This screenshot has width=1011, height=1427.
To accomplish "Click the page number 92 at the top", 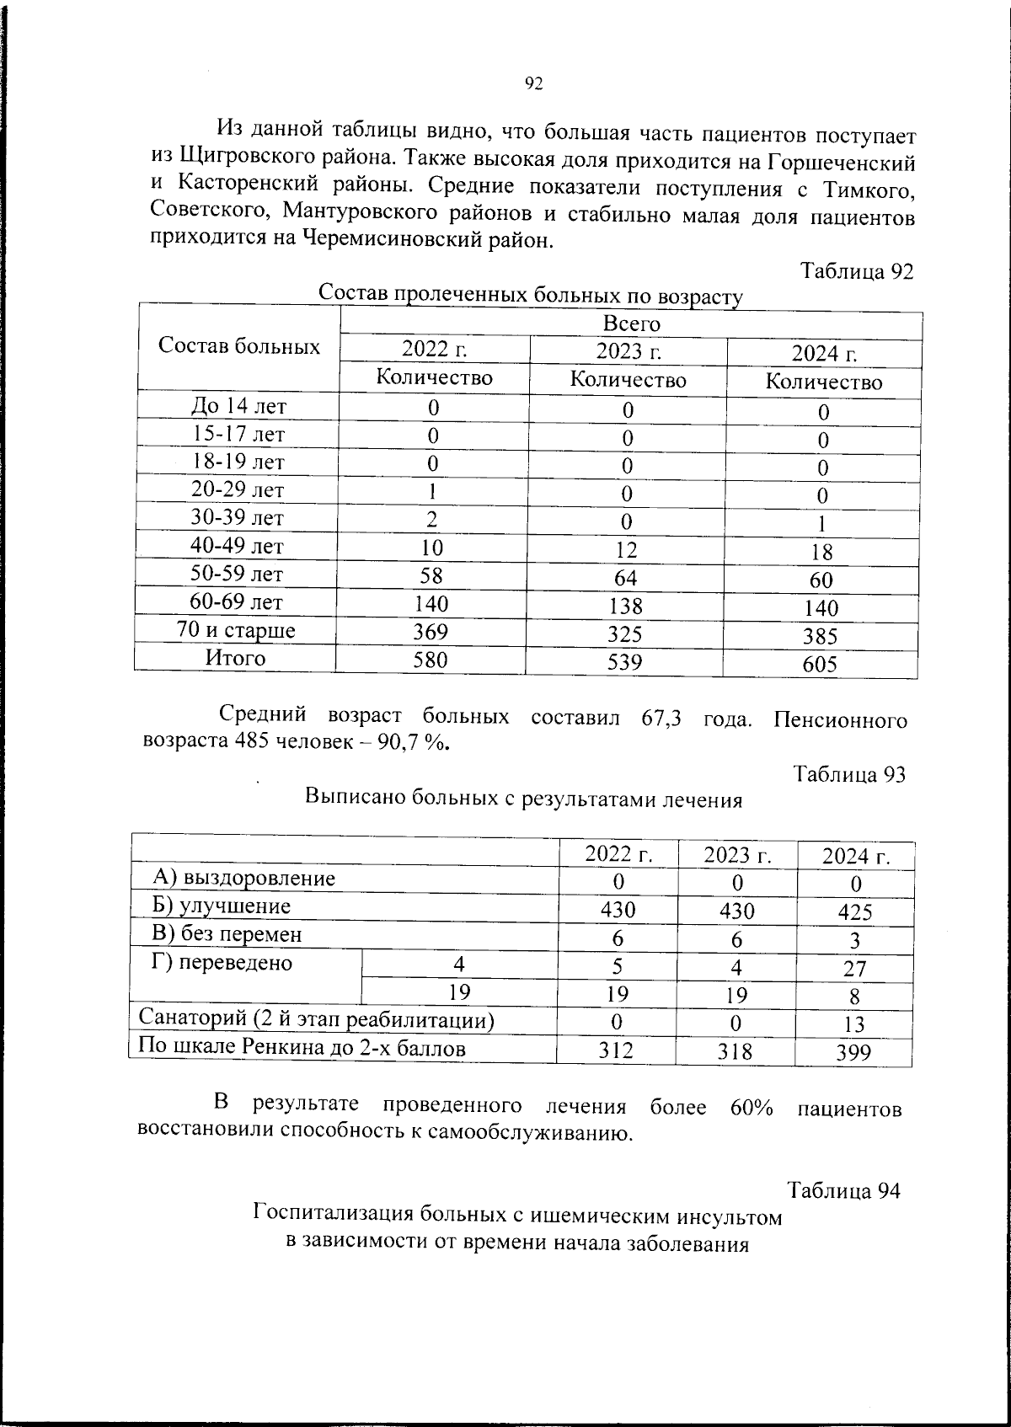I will [534, 83].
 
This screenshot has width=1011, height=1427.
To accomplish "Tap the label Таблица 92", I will [856, 271].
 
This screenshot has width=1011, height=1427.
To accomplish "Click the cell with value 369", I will [431, 631].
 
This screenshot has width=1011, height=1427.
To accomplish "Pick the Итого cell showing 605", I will [820, 665].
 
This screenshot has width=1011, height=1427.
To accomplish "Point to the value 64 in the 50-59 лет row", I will [626, 578].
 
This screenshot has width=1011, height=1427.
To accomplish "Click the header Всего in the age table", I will [631, 323].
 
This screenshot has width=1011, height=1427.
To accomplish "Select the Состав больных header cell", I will [239, 346].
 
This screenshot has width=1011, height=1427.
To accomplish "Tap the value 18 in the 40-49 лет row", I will [821, 552].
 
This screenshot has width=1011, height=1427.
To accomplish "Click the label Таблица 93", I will [849, 773].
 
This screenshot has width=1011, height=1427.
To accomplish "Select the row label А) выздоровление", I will [244, 879].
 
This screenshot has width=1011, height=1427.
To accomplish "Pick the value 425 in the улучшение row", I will [855, 911].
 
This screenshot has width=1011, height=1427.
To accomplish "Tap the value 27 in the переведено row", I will [854, 968].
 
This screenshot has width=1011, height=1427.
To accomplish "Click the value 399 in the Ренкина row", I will [854, 1052].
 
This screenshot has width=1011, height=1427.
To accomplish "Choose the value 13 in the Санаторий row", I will [854, 1024].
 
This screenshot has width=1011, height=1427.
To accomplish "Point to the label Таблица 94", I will [843, 1190].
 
